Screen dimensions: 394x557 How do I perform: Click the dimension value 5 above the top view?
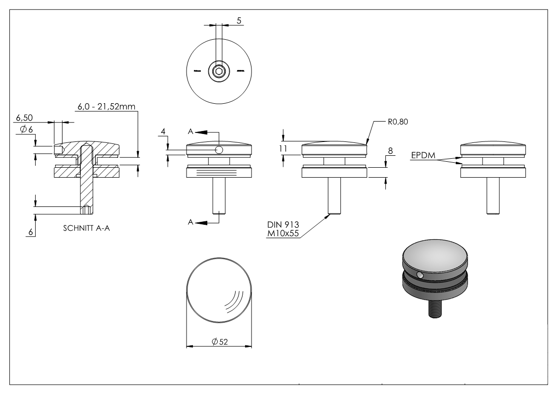point(239,20)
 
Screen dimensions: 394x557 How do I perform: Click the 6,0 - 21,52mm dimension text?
point(107,106)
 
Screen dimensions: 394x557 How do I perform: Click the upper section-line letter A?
point(190,131)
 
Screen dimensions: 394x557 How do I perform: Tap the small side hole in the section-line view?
point(219,150)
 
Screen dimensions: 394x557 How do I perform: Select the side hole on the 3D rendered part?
point(420,275)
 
